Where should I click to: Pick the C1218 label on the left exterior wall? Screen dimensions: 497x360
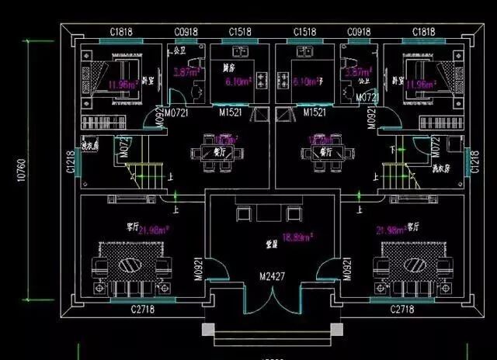(71, 161)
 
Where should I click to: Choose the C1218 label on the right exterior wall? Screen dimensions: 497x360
(474, 161)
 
